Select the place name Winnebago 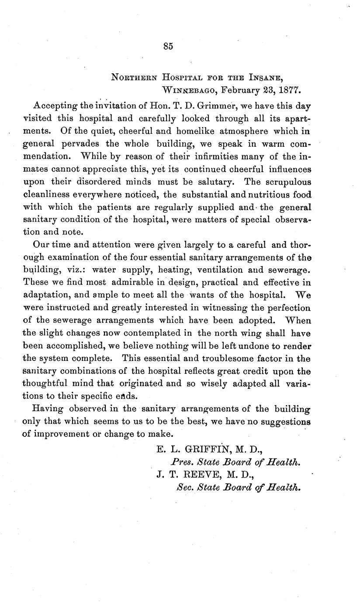point(190,90)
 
